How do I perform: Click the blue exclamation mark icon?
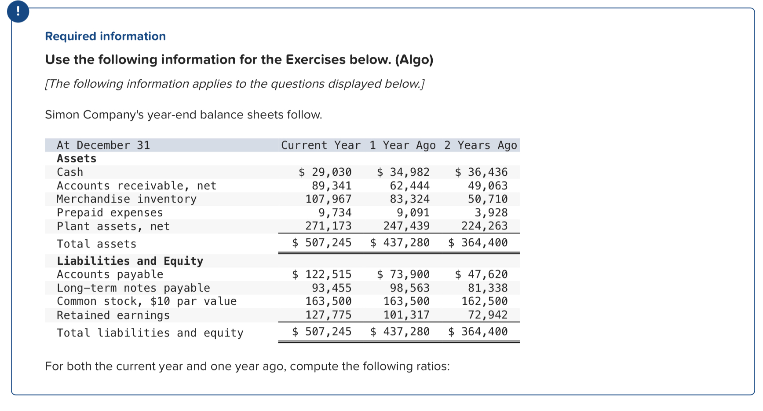18,12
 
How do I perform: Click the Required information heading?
105,36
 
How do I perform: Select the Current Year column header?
321,145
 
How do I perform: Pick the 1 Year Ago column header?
402,145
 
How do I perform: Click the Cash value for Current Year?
325,172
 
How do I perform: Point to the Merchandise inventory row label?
127,199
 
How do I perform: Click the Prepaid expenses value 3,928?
491,213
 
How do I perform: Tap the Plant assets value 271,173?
329,226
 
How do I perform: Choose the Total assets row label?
96,244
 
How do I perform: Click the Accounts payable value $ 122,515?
322,274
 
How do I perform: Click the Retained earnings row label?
113,315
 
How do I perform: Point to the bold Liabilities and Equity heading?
130,261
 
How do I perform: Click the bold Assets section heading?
77,159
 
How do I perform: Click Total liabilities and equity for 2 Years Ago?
478,332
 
